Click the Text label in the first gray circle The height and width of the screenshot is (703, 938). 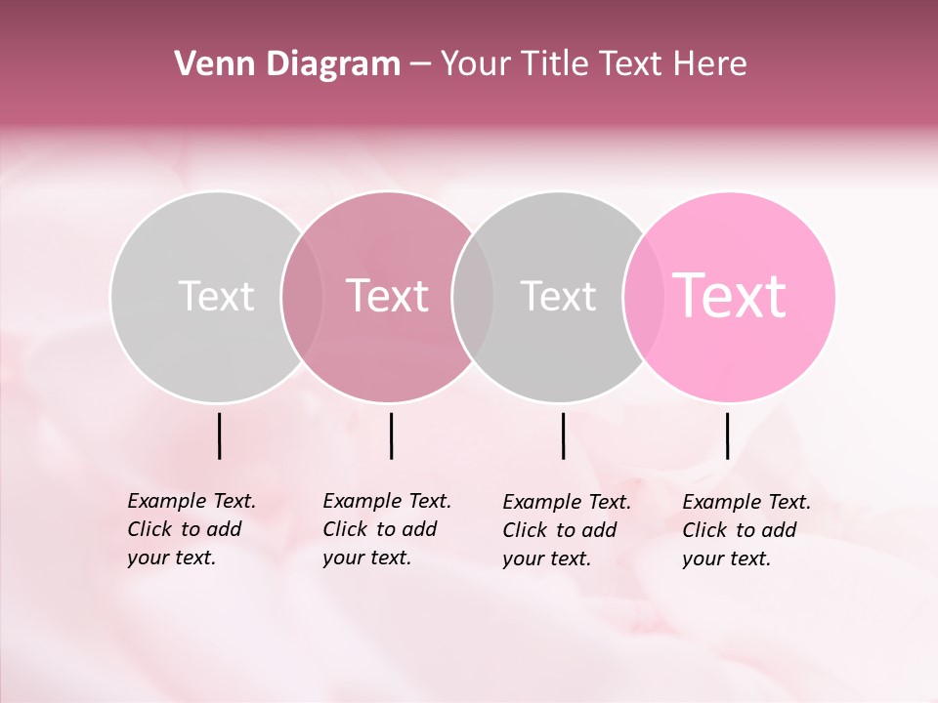click(x=216, y=296)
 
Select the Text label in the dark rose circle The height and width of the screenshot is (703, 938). click(x=387, y=296)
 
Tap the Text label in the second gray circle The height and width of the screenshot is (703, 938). click(x=558, y=296)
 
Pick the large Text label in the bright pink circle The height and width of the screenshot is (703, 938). click(x=729, y=296)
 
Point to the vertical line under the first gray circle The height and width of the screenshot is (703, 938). click(x=219, y=435)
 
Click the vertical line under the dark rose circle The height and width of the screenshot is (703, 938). click(x=391, y=435)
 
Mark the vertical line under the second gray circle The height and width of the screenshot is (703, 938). click(x=563, y=435)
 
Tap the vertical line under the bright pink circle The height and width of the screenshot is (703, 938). click(x=727, y=435)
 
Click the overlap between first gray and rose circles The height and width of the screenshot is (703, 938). click(x=302, y=297)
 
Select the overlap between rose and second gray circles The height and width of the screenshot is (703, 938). click(x=473, y=297)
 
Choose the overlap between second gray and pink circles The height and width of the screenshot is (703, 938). click(x=644, y=297)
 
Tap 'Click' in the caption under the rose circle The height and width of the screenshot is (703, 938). click(x=345, y=529)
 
